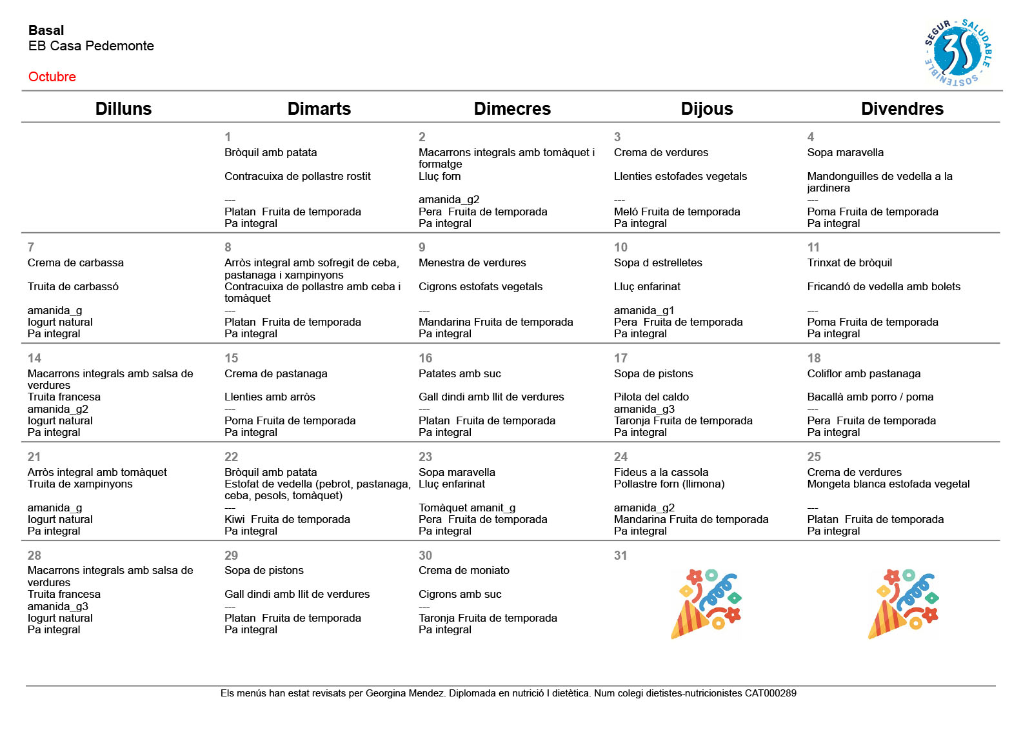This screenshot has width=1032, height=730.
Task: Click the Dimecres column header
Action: coord(512,108)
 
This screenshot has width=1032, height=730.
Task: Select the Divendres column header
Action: coord(902,108)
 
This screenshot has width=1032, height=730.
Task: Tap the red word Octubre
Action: coord(52,77)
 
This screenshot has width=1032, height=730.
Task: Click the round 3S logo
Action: coord(958,53)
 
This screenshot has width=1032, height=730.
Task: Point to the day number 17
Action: coord(620,358)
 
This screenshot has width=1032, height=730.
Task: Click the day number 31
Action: coord(620,555)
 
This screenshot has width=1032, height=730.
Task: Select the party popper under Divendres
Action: coord(903,604)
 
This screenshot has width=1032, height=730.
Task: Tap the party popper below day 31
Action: coord(706,604)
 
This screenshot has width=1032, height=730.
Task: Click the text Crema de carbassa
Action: coord(75,262)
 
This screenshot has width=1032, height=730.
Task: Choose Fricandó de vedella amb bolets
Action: coord(884,286)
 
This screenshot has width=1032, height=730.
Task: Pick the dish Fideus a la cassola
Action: coord(661,472)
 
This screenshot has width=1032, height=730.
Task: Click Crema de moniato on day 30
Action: coord(464,570)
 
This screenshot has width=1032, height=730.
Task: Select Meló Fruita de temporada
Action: coord(677,212)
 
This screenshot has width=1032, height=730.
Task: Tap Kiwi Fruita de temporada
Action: coord(287,519)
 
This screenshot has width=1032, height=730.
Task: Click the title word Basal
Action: coord(46,30)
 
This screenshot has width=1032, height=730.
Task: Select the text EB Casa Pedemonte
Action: coord(91,46)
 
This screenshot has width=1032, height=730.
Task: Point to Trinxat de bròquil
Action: coord(849,262)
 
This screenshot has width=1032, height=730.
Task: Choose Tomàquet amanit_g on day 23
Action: coord(467,508)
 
